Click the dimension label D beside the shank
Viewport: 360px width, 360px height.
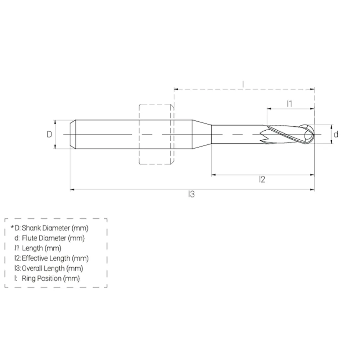[50, 134]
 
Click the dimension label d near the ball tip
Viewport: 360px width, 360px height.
[336, 135]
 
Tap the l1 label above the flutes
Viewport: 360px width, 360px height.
[289, 104]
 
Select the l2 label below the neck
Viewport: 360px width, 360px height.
[262, 179]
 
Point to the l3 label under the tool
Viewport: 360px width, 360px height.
[191, 194]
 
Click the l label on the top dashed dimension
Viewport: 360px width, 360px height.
[243, 84]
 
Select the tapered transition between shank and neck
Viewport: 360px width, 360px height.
[202, 134]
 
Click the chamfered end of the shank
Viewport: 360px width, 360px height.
[72, 134]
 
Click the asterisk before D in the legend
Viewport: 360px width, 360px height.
[12, 228]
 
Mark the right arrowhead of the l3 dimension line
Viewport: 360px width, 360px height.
[312, 189]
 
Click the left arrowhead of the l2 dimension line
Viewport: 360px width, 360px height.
[213, 175]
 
